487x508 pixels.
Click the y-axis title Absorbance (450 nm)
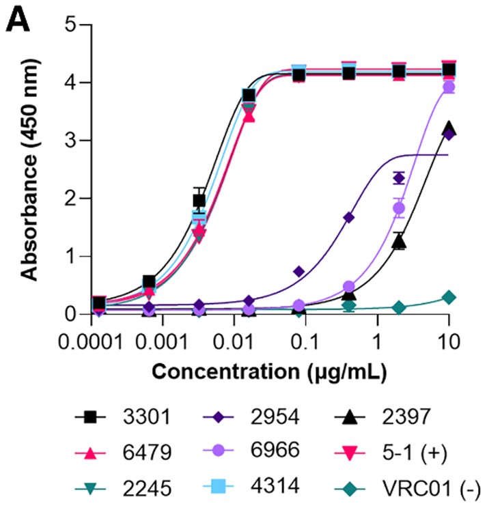pyautogui.click(x=29, y=169)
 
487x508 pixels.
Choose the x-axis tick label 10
pyautogui.click(x=449, y=340)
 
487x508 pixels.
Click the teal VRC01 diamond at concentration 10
pyautogui.click(x=449, y=297)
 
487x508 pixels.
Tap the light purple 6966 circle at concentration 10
pyautogui.click(x=449, y=87)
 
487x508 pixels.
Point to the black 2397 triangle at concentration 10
pyautogui.click(x=449, y=128)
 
